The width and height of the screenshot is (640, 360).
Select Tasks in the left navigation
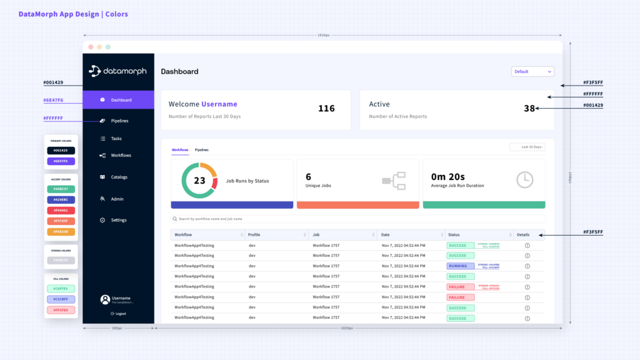coord(116,139)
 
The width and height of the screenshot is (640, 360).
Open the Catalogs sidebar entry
coord(119,177)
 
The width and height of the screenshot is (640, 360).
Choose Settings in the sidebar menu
coord(118,220)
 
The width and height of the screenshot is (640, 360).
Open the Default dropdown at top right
coord(532,71)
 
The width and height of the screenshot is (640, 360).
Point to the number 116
coord(326,109)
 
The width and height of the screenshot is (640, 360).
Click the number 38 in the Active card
coord(529,108)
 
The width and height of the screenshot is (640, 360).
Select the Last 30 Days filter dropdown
coord(527,147)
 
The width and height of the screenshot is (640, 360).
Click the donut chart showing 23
coord(199,181)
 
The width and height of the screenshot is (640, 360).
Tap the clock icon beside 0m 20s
coord(525,180)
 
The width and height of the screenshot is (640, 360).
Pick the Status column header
coord(454,235)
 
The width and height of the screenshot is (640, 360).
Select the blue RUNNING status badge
coord(460,266)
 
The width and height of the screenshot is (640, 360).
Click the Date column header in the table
coord(386,235)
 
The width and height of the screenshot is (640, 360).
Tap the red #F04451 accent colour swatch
coord(61,210)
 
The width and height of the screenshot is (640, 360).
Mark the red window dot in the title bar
coord(91,47)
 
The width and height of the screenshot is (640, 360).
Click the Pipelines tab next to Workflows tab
coord(202,150)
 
